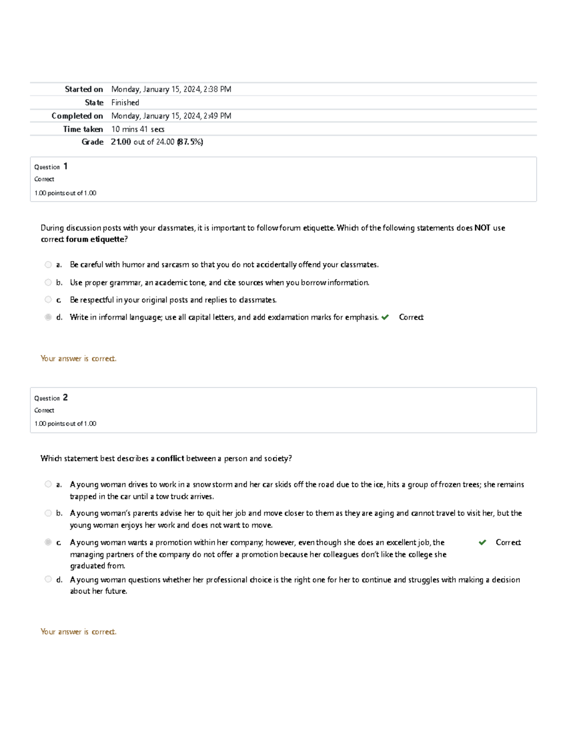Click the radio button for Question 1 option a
[48, 265]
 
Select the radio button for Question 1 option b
[48, 283]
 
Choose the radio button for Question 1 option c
[48, 300]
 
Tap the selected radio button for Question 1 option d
[48, 317]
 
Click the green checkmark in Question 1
[385, 317]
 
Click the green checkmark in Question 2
[482, 542]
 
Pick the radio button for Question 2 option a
[48, 484]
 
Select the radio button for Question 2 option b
[48, 513]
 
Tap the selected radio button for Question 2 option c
[48, 542]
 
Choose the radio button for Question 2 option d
[48, 579]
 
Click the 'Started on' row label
[84, 89]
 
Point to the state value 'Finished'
[125, 102]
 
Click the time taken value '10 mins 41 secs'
[137, 129]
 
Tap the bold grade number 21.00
[121, 142]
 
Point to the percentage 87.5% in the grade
[190, 142]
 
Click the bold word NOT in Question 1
[482, 228]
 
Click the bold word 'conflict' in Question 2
[170, 458]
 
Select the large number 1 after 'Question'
[66, 166]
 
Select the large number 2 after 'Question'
[65, 397]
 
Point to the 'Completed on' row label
[77, 116]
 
